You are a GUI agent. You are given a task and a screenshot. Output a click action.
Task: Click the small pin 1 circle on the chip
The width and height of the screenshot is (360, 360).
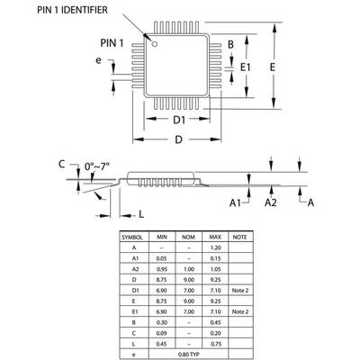pyautogui.click(x=155, y=44)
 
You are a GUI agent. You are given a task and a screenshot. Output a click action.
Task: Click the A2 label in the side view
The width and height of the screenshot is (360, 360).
pyautogui.click(x=270, y=204)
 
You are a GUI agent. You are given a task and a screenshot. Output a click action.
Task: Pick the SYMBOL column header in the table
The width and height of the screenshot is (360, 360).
pyautogui.click(x=134, y=237)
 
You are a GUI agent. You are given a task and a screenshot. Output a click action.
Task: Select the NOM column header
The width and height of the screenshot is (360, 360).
pyautogui.click(x=187, y=237)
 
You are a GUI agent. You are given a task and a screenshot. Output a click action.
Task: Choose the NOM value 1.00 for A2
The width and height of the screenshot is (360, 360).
pyautogui.click(x=187, y=268)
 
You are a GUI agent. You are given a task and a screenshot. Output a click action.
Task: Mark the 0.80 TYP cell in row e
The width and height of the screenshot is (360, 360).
pyautogui.click(x=187, y=354)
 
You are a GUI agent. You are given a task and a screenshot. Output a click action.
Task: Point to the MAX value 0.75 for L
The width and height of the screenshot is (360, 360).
pyautogui.click(x=214, y=343)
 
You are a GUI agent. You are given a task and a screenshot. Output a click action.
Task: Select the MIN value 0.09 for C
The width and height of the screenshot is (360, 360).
pyautogui.click(x=162, y=332)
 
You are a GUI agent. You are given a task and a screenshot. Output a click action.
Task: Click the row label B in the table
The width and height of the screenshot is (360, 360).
pyautogui.click(x=134, y=321)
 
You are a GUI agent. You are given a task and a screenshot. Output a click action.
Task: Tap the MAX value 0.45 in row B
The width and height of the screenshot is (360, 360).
pyautogui.click(x=214, y=321)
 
